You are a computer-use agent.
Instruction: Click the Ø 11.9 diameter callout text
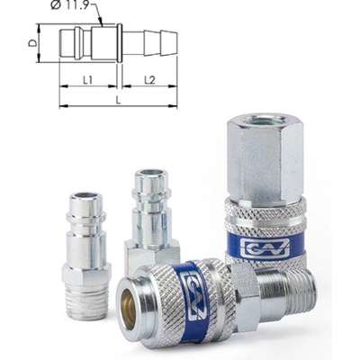point(70,5)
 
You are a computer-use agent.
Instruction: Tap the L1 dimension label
point(87,80)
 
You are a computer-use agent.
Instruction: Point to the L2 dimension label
point(149,80)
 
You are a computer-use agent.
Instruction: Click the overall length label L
point(118,101)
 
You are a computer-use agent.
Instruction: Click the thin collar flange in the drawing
point(120,43)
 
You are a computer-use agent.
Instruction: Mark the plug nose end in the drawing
point(61,42)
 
